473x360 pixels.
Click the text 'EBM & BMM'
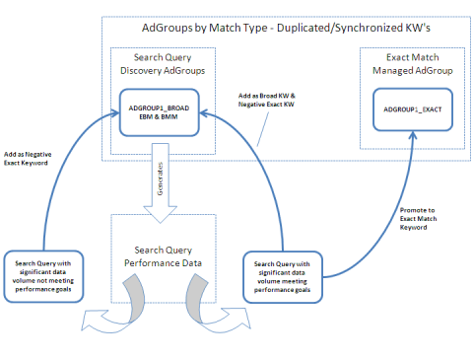tap(161, 117)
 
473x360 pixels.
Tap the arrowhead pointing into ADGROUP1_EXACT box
tap(404, 135)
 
